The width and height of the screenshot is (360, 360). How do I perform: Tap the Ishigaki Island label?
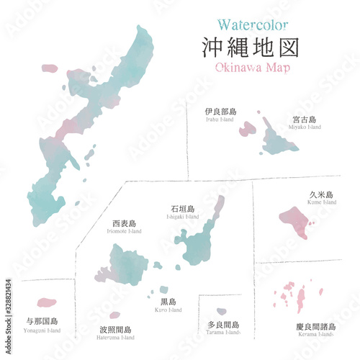coord(182,212)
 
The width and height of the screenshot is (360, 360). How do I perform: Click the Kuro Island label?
coord(168,305)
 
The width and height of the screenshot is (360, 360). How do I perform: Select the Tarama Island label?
coord(223,328)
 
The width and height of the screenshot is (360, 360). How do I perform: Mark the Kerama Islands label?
coord(315,330)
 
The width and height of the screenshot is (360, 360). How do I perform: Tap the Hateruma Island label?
coord(117,333)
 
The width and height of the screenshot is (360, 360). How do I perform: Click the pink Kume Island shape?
coord(295,220)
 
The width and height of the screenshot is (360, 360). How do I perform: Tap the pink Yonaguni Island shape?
coord(46,302)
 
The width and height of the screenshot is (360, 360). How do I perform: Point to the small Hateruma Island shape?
coord(115,315)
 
